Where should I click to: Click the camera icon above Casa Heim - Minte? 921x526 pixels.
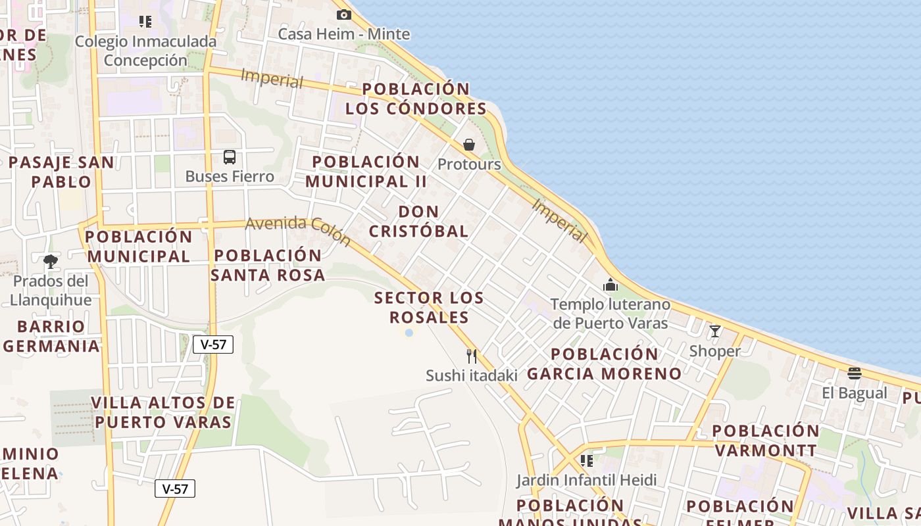343,14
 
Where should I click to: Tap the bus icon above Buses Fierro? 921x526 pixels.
229,157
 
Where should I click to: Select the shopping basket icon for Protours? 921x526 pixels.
469,145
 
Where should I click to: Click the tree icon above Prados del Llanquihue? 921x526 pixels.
50,262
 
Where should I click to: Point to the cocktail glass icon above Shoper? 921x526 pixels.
715,331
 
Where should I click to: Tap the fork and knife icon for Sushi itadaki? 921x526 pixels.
472,356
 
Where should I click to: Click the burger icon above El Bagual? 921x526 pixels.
854,374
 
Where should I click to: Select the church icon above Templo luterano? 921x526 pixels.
610,285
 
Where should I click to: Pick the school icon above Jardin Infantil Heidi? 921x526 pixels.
586,461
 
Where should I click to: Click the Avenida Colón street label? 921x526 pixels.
298,231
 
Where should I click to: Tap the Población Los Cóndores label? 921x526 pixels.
416,99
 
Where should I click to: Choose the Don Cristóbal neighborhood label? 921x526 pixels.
418,222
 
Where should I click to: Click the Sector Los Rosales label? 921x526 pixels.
429,308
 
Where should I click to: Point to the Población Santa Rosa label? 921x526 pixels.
268,265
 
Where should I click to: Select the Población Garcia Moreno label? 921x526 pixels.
605,364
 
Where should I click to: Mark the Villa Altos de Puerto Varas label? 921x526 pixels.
163,412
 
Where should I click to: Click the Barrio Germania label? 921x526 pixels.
52,336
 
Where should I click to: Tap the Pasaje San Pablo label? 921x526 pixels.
61,172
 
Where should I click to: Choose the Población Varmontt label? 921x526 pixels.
766,441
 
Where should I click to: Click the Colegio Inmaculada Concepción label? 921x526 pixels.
145,51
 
